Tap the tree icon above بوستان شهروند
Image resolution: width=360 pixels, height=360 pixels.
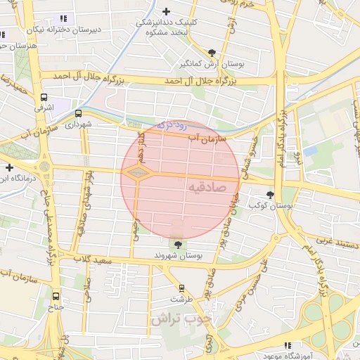(177, 244)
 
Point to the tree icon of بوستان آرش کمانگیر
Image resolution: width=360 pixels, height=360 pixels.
(212, 52)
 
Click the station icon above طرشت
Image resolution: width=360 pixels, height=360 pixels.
(181, 288)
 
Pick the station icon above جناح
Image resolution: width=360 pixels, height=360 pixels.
(56, 296)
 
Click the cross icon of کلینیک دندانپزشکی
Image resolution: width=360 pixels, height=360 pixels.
(166, 11)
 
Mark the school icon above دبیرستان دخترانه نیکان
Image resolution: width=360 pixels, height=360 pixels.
(63, 18)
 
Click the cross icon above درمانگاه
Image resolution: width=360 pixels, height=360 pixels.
(8, 167)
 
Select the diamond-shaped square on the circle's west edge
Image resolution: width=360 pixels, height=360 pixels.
(138, 173)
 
